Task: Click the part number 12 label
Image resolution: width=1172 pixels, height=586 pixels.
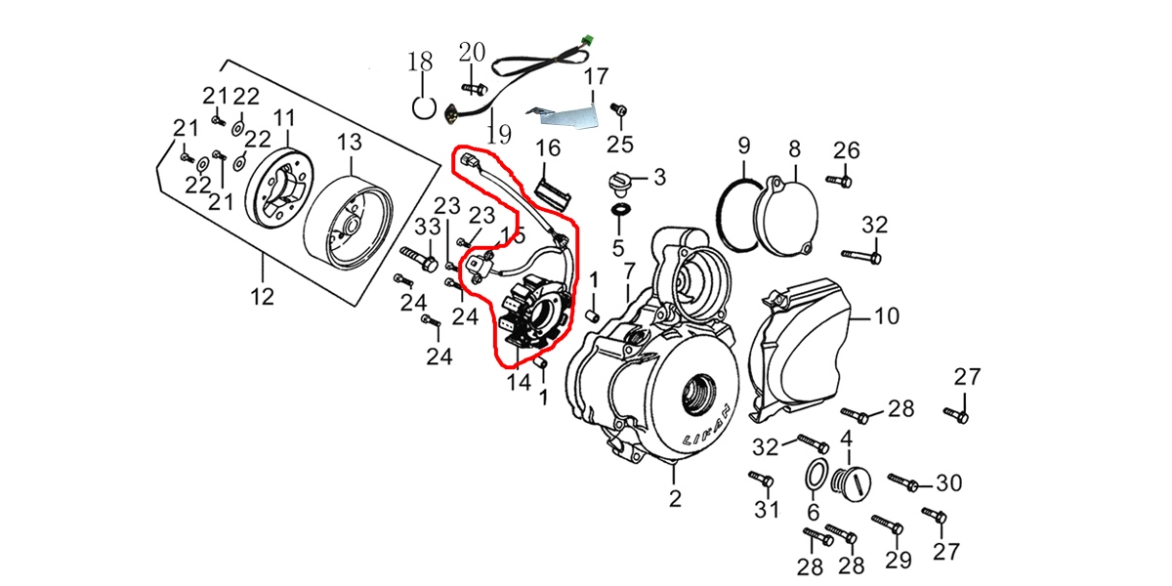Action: (263, 295)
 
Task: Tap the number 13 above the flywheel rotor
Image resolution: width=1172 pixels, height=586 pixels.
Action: (350, 144)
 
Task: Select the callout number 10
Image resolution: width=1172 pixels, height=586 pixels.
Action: (886, 316)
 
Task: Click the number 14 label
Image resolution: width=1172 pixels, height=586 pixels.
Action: (519, 382)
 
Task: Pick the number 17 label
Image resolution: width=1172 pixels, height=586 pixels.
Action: (596, 76)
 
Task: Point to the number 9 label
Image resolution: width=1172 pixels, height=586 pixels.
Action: (743, 147)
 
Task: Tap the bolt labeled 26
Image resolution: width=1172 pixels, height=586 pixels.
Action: (839, 181)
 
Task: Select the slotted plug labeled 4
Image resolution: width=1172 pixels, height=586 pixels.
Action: (846, 481)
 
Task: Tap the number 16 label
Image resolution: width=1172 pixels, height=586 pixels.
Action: (548, 148)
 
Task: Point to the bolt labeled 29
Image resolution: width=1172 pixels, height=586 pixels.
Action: (886, 525)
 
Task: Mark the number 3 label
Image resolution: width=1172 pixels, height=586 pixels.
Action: (659, 178)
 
